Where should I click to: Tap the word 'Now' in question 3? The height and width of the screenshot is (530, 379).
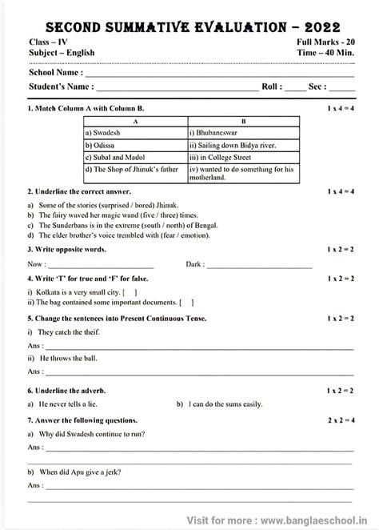tap(36, 263)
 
